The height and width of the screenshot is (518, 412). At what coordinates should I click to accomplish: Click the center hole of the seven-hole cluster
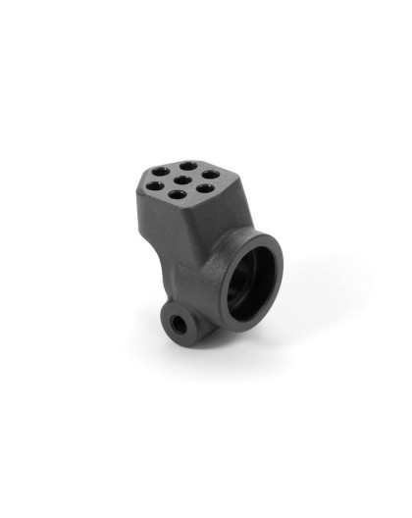click(185, 180)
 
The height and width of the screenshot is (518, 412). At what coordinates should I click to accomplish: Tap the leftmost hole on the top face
click(155, 179)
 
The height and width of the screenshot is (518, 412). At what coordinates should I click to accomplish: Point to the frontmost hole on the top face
click(177, 195)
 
